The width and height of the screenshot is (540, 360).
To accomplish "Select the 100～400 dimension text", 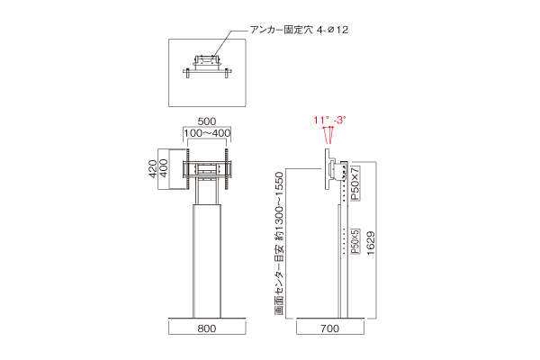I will (207, 133).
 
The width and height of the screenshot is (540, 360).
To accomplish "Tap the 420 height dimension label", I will (154, 168).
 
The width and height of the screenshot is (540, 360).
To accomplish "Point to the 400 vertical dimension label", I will (165, 168).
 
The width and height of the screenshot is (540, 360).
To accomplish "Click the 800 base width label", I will (207, 329).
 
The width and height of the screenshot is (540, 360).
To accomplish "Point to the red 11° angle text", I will (319, 119).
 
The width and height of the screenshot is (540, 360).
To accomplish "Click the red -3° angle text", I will (339, 119).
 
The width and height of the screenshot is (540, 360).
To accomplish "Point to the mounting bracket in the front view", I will (207, 168).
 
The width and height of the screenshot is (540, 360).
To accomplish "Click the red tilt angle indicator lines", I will (328, 135).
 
